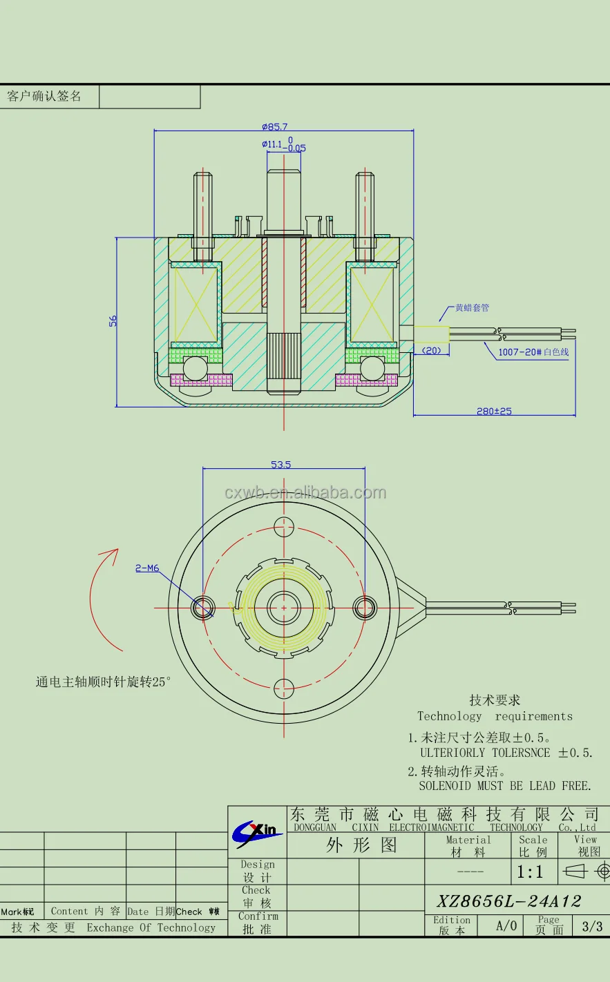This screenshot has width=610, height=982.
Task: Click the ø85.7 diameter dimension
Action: click(x=274, y=126)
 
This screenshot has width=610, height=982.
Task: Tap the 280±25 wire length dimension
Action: click(x=494, y=411)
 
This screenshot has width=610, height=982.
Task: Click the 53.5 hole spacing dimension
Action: click(x=280, y=465)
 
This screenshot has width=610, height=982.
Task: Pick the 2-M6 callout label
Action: click(x=147, y=568)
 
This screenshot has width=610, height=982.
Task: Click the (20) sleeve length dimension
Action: click(x=432, y=351)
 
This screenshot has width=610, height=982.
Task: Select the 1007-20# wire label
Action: click(x=533, y=352)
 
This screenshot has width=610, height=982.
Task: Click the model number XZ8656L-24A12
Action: click(x=508, y=901)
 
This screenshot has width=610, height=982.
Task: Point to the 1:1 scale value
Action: click(x=531, y=872)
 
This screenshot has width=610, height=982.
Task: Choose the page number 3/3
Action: click(x=592, y=926)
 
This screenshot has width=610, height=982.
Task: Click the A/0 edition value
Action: click(x=506, y=926)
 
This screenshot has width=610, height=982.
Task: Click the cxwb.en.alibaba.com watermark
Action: click(x=305, y=492)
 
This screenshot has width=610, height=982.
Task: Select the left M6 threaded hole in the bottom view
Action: click(x=202, y=608)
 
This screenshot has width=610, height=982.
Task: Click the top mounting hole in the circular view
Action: click(x=284, y=526)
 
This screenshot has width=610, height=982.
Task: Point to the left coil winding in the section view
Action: click(x=194, y=305)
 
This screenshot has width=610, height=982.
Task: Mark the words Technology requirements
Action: click(x=495, y=716)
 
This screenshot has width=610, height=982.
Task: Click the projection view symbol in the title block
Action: click(x=587, y=872)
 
